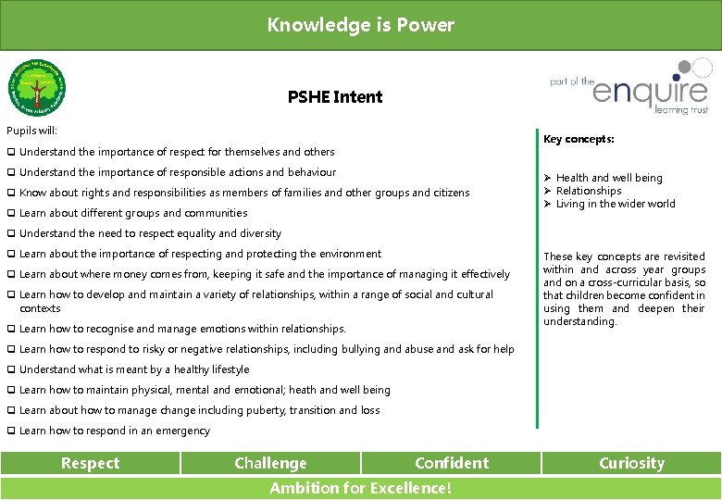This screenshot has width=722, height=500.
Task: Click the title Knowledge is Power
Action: [360, 25]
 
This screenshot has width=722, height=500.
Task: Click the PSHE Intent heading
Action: [334, 96]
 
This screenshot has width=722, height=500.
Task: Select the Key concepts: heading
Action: [579, 140]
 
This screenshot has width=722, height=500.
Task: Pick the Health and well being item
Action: [608, 178]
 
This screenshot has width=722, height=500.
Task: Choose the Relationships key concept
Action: [589, 191]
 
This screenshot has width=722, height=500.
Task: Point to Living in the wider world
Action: [616, 204]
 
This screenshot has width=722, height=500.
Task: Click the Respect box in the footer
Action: [90, 463]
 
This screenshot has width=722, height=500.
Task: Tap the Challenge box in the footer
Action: [270, 463]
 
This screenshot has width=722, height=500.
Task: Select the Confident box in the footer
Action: [452, 463]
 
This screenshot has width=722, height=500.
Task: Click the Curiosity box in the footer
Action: [631, 463]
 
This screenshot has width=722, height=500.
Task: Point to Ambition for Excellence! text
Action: [360, 489]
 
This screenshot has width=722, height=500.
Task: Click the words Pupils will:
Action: [31, 131]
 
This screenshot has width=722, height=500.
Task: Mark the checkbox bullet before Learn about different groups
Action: [10, 213]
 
